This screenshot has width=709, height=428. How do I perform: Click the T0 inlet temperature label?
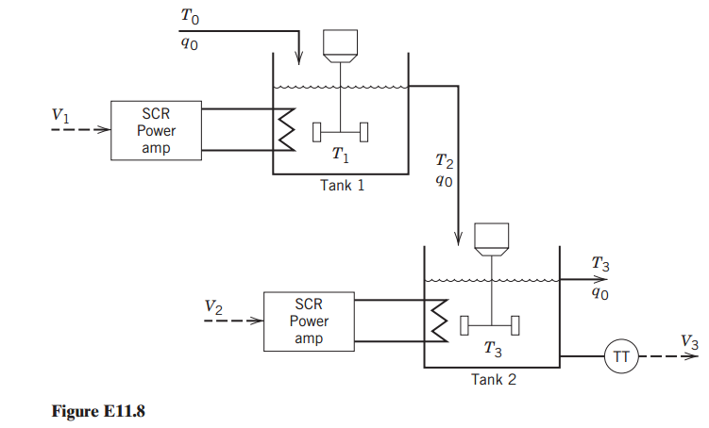(190, 16)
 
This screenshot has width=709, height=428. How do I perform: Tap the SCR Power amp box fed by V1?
(156, 132)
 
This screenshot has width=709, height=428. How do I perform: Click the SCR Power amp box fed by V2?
(309, 321)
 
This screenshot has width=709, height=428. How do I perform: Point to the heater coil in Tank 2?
(438, 320)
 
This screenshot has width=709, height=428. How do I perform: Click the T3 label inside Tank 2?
(492, 349)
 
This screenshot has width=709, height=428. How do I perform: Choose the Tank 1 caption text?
(342, 186)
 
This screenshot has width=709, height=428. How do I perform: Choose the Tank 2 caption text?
(494, 380)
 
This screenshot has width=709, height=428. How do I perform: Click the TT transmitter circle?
(621, 356)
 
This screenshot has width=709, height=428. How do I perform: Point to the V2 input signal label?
(214, 306)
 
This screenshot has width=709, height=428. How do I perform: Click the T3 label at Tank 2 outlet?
(599, 266)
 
